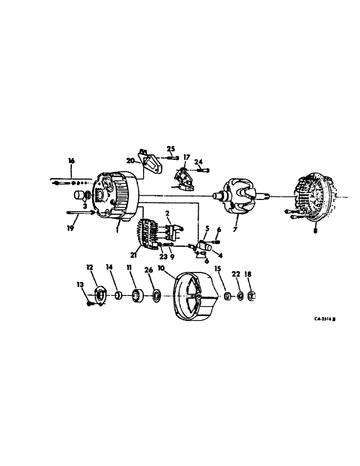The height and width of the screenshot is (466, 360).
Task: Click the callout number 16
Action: [71, 161]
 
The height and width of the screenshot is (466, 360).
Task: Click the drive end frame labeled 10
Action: [193, 295]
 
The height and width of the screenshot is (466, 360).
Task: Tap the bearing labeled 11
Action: [138, 296]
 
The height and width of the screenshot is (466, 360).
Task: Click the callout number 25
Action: [171, 149]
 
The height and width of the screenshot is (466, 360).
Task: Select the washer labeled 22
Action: [239, 295]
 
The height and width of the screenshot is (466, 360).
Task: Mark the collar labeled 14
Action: [119, 296]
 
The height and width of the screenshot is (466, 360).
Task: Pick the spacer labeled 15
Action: [227, 295]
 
